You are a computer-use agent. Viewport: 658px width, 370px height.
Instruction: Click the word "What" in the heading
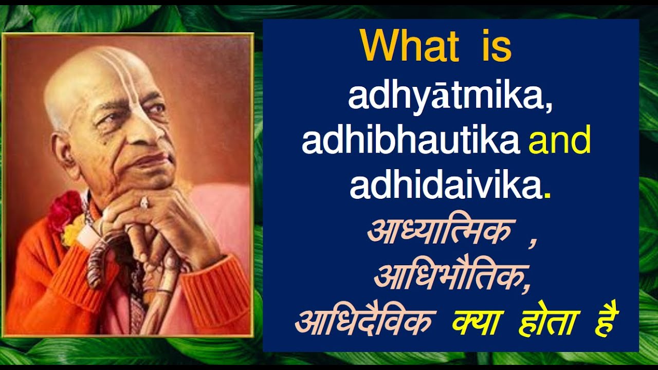click(409, 46)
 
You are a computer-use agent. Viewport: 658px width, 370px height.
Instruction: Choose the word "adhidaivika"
click(446, 187)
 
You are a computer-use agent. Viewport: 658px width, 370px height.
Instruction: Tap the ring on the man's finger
click(144, 202)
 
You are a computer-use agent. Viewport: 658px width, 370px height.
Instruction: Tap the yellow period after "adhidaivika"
click(546, 196)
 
